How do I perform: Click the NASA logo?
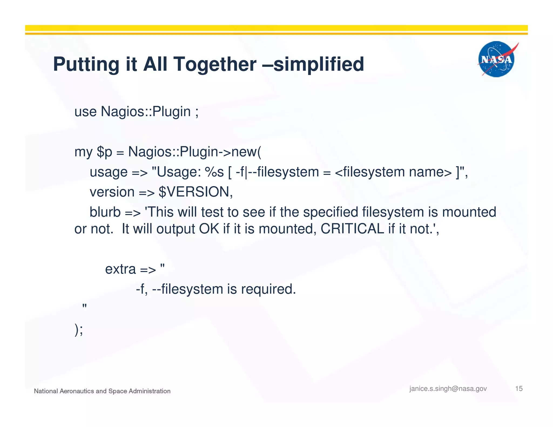click(x=496, y=59)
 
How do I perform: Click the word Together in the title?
click(x=215, y=64)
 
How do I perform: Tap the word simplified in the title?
click(x=319, y=64)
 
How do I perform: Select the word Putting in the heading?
click(x=86, y=64)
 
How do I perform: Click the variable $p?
click(x=104, y=152)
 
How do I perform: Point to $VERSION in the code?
click(x=195, y=192)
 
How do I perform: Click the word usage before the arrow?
click(x=109, y=172)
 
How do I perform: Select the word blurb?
click(x=105, y=212)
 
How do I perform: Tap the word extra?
click(x=120, y=269)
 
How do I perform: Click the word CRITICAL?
click(x=352, y=229)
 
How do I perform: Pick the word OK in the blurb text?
click(x=209, y=229)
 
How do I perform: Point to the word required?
click(x=268, y=289)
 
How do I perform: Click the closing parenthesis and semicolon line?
click(x=79, y=330)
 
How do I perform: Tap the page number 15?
click(x=519, y=389)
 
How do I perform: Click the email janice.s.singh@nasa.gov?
click(x=448, y=389)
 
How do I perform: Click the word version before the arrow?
click(x=112, y=192)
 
